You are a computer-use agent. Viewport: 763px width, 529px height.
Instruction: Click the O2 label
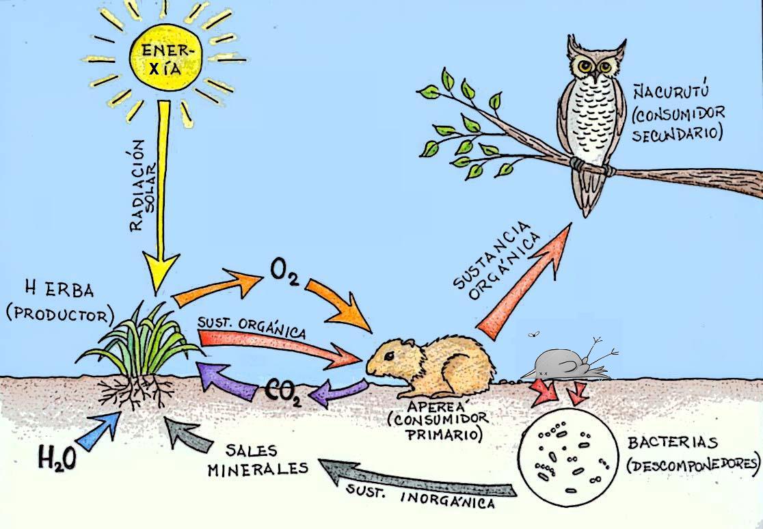point(282,273)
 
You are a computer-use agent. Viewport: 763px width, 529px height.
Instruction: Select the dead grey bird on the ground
point(563,362)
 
